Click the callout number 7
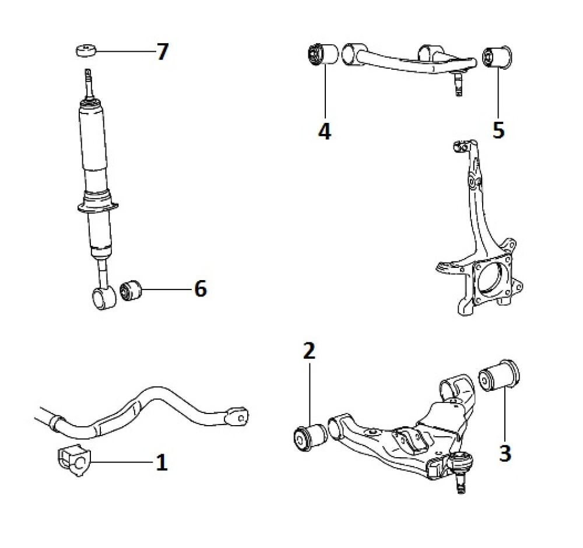coord(162,52)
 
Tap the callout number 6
coord(200,288)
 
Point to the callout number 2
coord(308,351)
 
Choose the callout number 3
coord(505,452)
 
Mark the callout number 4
coord(324,130)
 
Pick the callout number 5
coord(497,129)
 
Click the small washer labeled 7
coord(85,51)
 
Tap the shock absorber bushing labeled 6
coord(131,289)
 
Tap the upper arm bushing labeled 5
coord(497,55)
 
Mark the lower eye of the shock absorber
coord(102,299)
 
